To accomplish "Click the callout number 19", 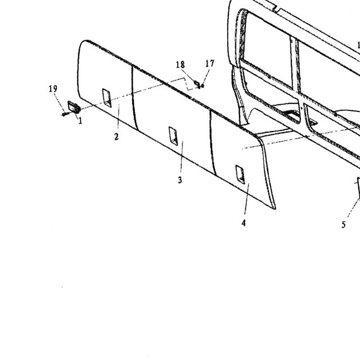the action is [x=53, y=89].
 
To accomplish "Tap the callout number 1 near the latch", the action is [x=80, y=121].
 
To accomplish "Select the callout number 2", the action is [x=116, y=137].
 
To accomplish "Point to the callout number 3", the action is [x=180, y=180].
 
